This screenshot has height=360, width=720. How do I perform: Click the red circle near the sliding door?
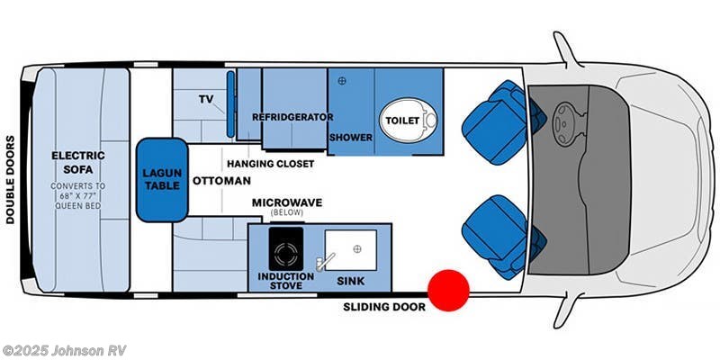click(448, 290)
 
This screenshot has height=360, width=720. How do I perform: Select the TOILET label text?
click(402, 120)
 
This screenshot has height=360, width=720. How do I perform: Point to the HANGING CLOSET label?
click(270, 164)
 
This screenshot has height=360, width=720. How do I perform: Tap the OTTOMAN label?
click(221, 180)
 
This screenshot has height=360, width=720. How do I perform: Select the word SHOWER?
click(346, 138)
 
